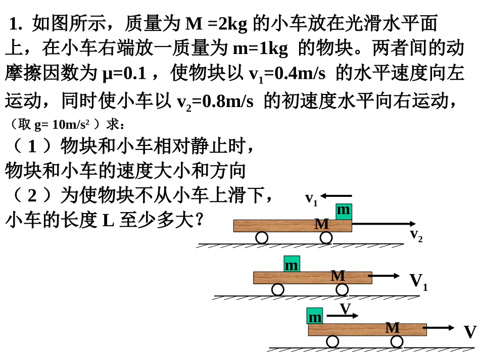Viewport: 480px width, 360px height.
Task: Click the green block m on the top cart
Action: click(344, 212)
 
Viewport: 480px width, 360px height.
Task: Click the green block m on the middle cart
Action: click(292, 264)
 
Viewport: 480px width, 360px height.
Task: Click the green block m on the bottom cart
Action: click(315, 316)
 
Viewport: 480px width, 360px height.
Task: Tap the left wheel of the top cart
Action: click(262, 238)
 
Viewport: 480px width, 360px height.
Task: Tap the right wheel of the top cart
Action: click(326, 238)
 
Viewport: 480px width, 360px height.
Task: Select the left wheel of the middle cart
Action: click(278, 290)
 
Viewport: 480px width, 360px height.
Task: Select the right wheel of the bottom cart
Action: click(397, 342)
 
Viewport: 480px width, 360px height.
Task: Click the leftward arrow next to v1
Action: click(336, 196)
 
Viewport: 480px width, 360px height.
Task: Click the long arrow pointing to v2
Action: click(384, 224)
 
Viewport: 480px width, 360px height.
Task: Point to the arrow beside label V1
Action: click(384, 276)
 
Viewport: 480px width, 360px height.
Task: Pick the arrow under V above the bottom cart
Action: click(343, 316)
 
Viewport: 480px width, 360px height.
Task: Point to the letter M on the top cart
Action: click(322, 224)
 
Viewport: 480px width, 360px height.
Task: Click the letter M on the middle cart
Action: click(338, 276)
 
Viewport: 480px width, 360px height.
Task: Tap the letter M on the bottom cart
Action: click(393, 328)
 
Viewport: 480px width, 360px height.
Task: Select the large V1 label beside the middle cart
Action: click(418, 282)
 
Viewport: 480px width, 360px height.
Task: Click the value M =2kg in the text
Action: click(216, 24)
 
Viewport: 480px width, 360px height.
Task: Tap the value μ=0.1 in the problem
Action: click(124, 74)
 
